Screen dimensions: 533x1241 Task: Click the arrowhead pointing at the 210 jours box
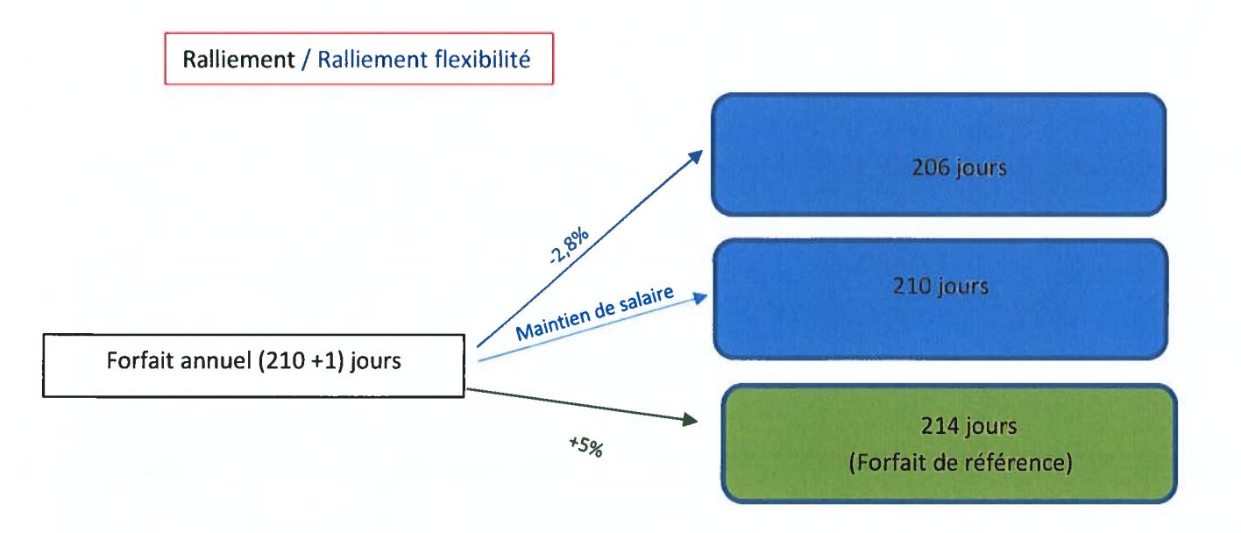697,300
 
